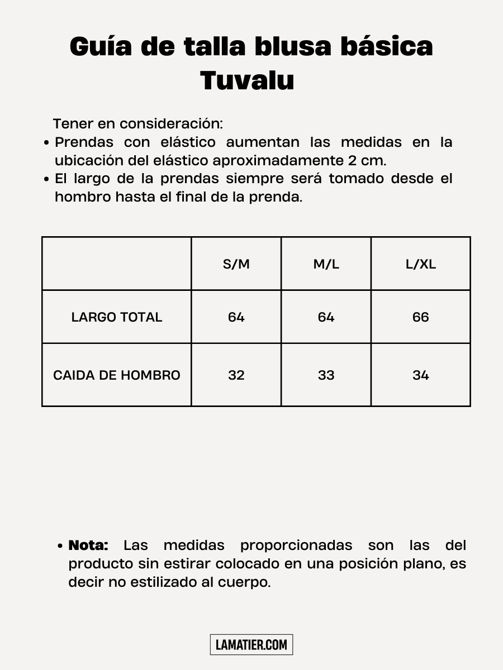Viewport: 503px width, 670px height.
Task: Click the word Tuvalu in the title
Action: tap(247, 80)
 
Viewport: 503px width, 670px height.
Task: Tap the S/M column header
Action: tap(236, 264)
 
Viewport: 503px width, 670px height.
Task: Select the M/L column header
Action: tap(326, 264)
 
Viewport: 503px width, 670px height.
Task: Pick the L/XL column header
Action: tap(420, 264)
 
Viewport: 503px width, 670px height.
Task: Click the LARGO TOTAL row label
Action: tap(117, 317)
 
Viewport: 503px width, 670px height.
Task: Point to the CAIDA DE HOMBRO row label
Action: tap(117, 375)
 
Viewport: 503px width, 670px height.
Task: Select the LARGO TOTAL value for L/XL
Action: tap(420, 317)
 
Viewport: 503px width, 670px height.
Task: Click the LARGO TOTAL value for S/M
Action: tap(236, 317)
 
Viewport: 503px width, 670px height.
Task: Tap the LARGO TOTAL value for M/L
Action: tap(326, 317)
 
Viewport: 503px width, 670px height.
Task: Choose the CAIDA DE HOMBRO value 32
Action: tap(236, 375)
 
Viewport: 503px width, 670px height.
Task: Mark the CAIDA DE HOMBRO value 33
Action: tap(326, 375)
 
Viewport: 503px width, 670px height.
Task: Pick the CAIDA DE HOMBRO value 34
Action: tap(420, 375)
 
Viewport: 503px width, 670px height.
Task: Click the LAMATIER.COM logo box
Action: tap(251, 645)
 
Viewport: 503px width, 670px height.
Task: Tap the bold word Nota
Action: tap(88, 545)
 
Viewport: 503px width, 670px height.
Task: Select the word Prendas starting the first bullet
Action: tap(84, 142)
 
